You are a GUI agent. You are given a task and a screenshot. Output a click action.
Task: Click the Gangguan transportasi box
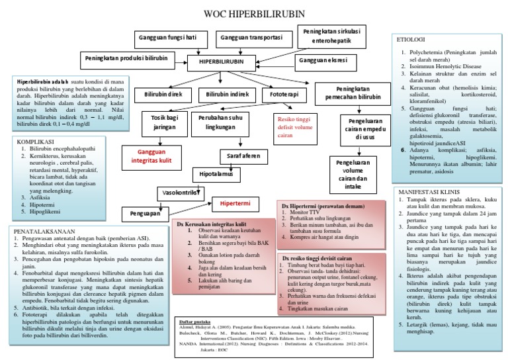[249, 37]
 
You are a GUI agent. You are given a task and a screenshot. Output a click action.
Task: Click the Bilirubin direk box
[164, 95]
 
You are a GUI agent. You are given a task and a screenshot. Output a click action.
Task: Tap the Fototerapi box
[283, 95]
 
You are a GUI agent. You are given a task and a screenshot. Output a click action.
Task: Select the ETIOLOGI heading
[410, 40]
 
